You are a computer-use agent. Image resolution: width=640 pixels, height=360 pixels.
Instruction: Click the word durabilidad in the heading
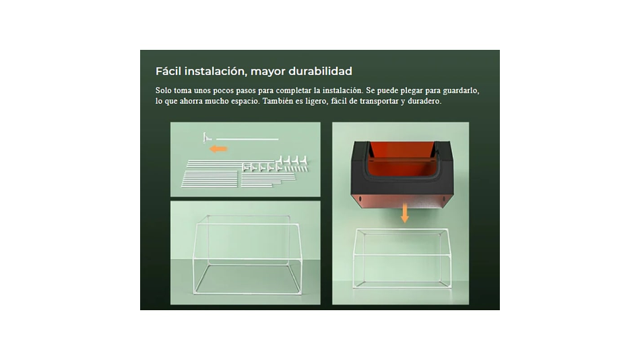pyautogui.click(x=321, y=71)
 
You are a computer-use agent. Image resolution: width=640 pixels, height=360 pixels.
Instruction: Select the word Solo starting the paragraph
pyautogui.click(x=163, y=90)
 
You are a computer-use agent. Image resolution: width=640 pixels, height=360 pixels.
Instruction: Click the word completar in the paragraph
pyautogui.click(x=293, y=91)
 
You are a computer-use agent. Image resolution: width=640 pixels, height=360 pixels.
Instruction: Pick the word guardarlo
pyautogui.click(x=461, y=91)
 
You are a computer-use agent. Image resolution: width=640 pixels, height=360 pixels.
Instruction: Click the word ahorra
pyautogui.click(x=191, y=101)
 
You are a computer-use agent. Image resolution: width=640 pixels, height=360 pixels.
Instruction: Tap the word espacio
pyautogui.click(x=245, y=102)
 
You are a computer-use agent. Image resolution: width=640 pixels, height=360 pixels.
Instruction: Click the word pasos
pyautogui.click(x=246, y=91)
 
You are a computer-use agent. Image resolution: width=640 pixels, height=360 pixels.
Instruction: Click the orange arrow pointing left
pyautogui.click(x=218, y=149)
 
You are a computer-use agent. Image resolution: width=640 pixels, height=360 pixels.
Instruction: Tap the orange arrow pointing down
pyautogui.click(x=404, y=213)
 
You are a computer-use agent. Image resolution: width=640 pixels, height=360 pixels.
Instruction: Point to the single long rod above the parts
pyautogui.click(x=247, y=140)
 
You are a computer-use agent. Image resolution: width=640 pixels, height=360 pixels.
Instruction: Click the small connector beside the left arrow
pyautogui.click(x=207, y=138)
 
